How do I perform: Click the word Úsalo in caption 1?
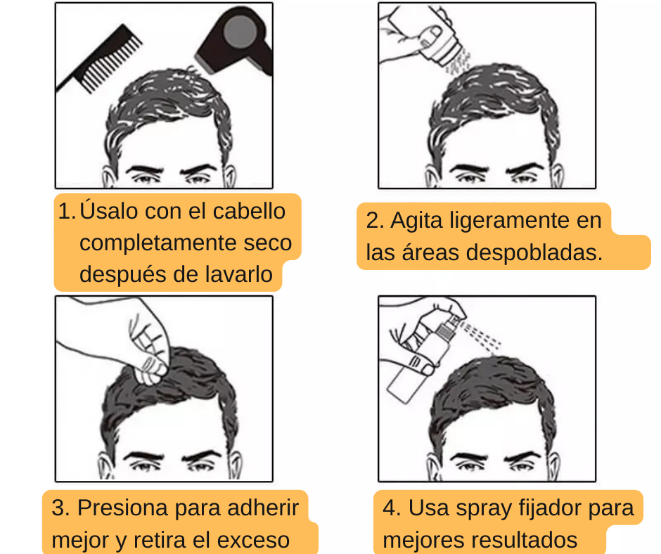[x=110, y=210]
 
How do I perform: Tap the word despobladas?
[x=534, y=252]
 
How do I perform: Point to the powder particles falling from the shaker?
[x=457, y=63]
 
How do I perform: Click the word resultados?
[x=512, y=540]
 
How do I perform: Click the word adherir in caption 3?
[x=263, y=508]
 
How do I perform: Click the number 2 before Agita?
[x=372, y=221]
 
